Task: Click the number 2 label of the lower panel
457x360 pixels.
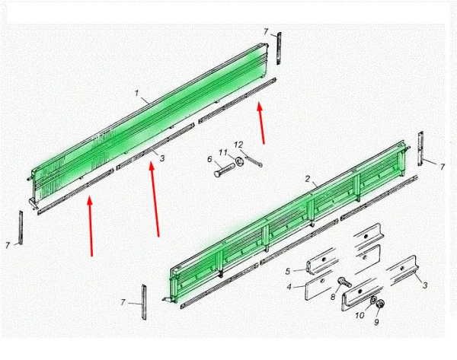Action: pos(306,180)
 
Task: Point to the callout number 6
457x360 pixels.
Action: pos(209,160)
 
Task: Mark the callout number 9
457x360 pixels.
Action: pos(375,322)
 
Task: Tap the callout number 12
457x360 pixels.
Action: pos(238,145)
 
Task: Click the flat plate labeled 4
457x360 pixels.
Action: pos(320,288)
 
